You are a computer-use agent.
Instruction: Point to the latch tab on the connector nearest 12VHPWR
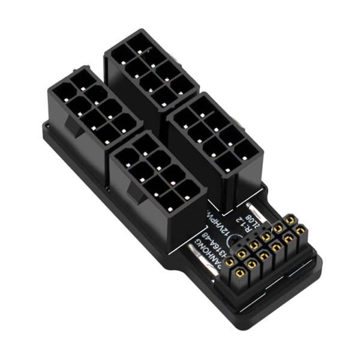[x=133, y=193]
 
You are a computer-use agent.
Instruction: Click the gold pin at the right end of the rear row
[x=290, y=220]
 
